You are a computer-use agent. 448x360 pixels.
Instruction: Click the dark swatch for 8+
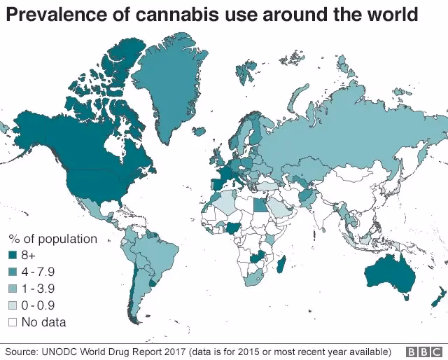click(12, 256)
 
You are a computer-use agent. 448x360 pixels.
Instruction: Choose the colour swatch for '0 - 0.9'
click(12, 305)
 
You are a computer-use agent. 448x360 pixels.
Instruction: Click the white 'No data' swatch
click(12, 322)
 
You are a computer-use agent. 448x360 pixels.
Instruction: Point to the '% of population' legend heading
click(52, 239)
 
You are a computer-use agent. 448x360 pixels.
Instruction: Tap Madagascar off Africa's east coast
click(281, 265)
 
